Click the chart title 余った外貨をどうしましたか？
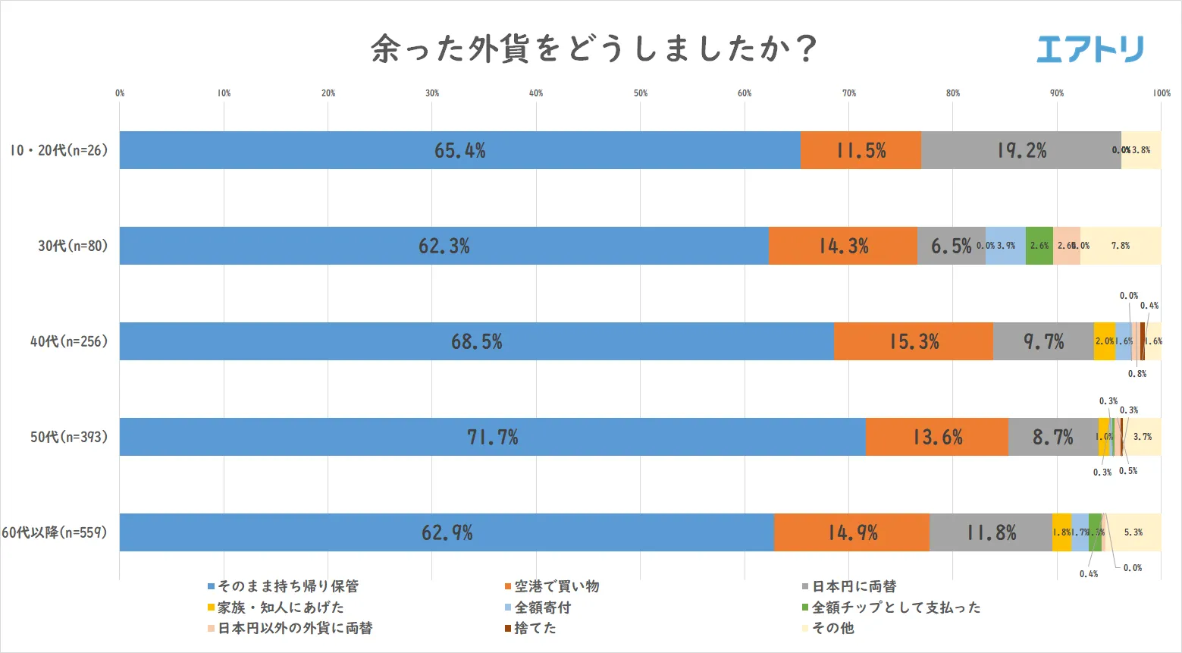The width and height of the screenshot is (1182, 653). click(593, 49)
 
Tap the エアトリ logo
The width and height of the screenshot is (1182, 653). click(1090, 49)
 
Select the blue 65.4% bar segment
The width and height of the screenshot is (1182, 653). click(459, 150)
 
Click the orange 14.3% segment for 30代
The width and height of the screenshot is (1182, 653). click(843, 246)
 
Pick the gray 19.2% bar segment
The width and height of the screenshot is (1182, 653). click(1021, 150)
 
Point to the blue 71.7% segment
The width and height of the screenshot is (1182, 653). click(492, 437)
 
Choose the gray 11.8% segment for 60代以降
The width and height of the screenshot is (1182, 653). click(990, 532)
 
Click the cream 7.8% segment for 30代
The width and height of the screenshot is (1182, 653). click(1120, 246)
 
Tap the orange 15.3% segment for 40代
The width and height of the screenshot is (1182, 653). click(914, 341)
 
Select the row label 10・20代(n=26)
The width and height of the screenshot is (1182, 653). click(59, 150)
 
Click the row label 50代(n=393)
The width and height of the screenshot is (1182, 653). click(69, 437)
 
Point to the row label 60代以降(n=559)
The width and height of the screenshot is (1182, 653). click(55, 532)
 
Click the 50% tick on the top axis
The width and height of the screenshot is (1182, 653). click(641, 93)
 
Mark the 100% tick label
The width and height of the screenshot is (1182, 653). click(1161, 93)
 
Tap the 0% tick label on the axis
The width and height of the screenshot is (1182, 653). click(120, 93)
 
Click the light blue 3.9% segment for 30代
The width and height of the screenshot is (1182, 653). click(1005, 246)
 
